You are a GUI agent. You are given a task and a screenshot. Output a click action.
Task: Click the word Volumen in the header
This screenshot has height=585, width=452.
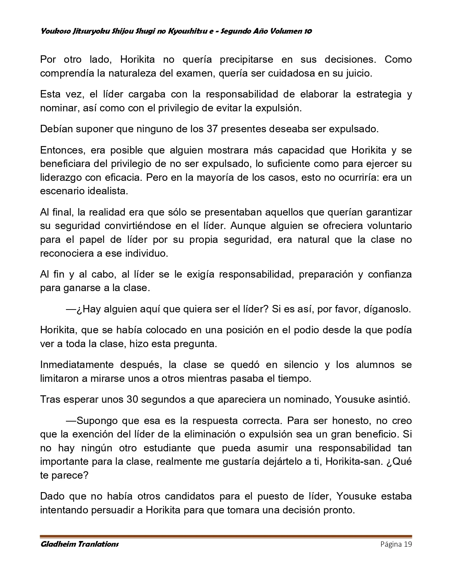[x=286, y=31]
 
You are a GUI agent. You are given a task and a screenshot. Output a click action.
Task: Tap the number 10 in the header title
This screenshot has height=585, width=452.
[x=308, y=31]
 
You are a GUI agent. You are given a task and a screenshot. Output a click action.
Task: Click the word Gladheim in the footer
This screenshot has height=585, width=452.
[x=57, y=544]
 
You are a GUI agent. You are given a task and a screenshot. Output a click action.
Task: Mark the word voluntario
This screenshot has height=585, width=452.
[x=387, y=226]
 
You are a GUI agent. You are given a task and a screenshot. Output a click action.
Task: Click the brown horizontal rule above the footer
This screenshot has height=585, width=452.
[x=226, y=536]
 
